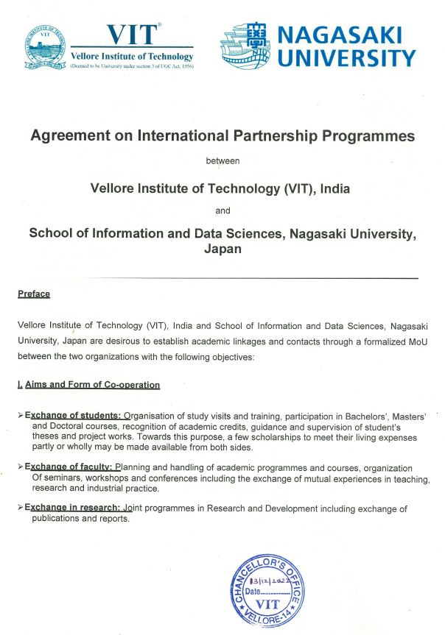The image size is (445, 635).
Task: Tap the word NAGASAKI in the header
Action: click(344, 35)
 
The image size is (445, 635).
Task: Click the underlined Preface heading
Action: click(34, 294)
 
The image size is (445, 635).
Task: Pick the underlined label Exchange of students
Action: click(73, 415)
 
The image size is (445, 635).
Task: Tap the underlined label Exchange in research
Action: click(73, 508)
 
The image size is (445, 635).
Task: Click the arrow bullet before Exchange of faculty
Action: click(20, 467)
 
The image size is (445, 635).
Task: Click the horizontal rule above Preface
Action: click(222, 278)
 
